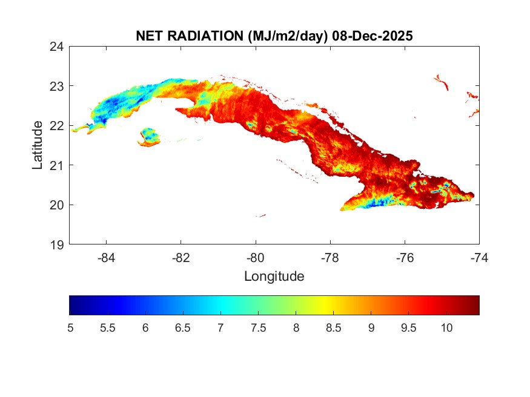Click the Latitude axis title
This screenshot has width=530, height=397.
(38, 145)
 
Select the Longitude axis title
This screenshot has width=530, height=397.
(274, 277)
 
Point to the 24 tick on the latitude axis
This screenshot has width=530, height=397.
(58, 46)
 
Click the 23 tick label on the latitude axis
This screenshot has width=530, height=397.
(58, 86)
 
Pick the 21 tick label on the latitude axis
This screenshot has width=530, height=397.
(58, 165)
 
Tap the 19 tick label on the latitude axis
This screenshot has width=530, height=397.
(58, 244)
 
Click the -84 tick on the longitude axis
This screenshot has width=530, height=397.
(107, 257)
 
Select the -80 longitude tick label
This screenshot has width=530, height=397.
(256, 257)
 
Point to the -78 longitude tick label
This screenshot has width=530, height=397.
(330, 257)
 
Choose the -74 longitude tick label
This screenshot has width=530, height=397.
(479, 257)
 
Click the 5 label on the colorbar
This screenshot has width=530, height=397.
(70, 327)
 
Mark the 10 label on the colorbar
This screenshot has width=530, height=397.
(446, 327)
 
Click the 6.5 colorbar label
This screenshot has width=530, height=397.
(183, 327)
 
